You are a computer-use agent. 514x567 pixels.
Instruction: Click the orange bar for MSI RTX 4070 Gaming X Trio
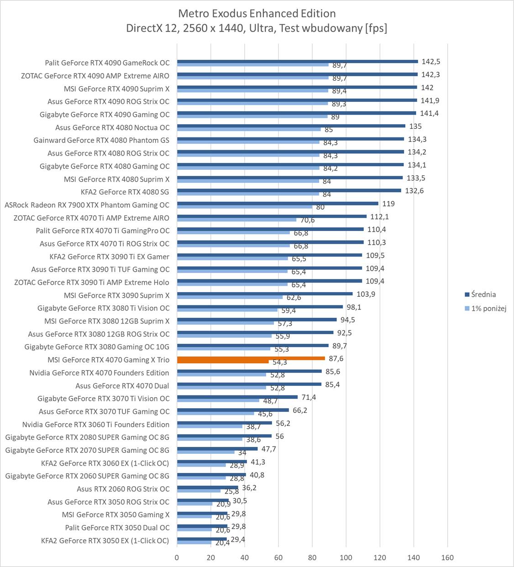tap(251, 358)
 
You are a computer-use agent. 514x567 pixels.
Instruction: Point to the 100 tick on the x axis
tap(346, 557)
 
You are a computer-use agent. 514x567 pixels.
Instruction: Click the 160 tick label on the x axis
tap(447, 557)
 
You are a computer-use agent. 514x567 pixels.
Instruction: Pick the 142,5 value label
tap(430, 62)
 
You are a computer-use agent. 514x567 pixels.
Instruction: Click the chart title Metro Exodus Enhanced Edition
tap(257, 13)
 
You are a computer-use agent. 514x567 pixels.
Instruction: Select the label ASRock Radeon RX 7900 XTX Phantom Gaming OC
tap(87, 205)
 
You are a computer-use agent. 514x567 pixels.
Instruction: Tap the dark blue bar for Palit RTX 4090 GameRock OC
tap(297, 61)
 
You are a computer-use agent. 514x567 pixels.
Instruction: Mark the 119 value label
tap(388, 204)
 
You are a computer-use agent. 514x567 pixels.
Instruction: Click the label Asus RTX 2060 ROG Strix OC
tap(123, 489)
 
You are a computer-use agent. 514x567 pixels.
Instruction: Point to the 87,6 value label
tap(336, 359)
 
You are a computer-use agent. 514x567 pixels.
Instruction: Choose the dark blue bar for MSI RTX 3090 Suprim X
tap(265, 294)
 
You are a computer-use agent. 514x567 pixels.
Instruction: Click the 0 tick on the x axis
tap(177, 557)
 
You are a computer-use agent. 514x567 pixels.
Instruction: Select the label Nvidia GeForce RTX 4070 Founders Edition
tap(99, 373)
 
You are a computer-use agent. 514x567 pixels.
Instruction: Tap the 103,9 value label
tap(366, 294)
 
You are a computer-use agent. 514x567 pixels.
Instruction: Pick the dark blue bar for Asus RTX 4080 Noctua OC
tap(291, 126)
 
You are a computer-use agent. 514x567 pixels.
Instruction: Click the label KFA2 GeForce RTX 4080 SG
tap(125, 192)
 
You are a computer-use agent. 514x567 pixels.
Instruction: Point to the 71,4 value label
tap(309, 397)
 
